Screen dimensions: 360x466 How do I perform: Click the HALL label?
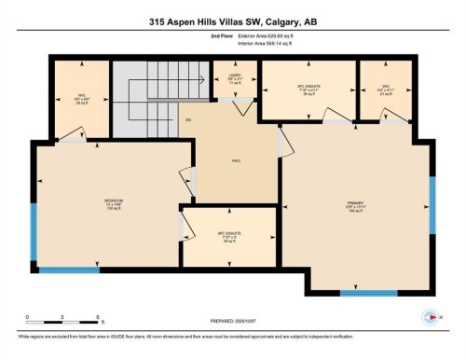236,160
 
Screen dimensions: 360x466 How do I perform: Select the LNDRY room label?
234,77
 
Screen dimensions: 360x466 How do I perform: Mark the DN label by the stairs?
187,120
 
